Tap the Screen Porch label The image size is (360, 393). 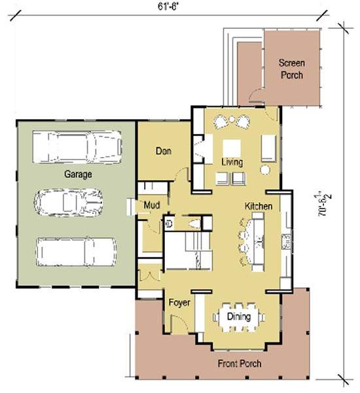pos(292,69)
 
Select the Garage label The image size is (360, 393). pos(78,174)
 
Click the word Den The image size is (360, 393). pos(164,151)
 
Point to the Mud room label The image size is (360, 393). pos(152,205)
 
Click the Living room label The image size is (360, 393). pos(232,162)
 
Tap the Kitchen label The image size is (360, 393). pos(259,206)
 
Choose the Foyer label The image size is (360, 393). pos(179,303)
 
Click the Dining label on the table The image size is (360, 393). pos(239,316)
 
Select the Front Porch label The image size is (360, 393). pos(240,364)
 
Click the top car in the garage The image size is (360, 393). pos(77,147)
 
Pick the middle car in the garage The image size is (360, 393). pos(69,202)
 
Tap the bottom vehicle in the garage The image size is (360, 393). pos(77,252)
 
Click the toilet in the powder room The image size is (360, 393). pos(194,224)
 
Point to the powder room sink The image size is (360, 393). pos(170,223)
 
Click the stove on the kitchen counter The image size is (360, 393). pos(286,241)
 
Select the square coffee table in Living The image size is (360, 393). pos(232,148)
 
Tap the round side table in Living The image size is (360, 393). pos(265,170)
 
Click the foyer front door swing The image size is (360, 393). pos(179,323)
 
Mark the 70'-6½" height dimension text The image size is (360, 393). pos(324,203)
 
